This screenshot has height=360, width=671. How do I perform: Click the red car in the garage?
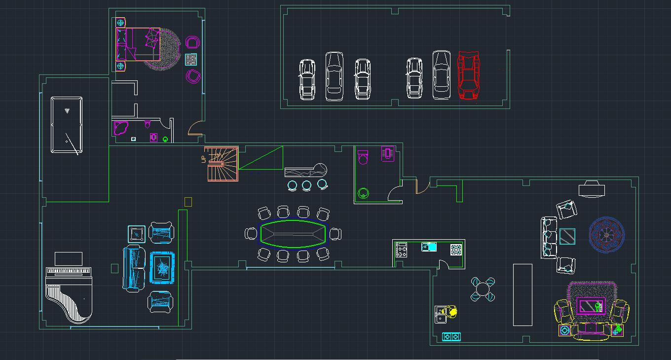468,75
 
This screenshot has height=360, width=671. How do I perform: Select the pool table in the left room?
67,125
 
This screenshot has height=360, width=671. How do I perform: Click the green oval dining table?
293,233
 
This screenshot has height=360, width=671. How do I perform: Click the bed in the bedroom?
138,44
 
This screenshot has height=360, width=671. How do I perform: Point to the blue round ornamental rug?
606,235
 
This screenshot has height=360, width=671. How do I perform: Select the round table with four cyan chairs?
483,289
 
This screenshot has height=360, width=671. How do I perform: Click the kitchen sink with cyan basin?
429,247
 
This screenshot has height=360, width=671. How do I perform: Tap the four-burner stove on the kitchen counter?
401,250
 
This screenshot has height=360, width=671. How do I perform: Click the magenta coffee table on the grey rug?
591,306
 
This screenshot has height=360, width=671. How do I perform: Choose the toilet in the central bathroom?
363,156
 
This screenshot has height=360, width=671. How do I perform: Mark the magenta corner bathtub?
121,128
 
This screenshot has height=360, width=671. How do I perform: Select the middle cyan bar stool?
306,185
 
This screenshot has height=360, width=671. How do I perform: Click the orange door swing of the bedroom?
194,129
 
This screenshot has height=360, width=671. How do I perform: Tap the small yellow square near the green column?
188,202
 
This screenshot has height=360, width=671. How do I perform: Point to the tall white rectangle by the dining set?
522,295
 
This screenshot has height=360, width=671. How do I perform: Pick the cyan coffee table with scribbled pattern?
162,268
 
